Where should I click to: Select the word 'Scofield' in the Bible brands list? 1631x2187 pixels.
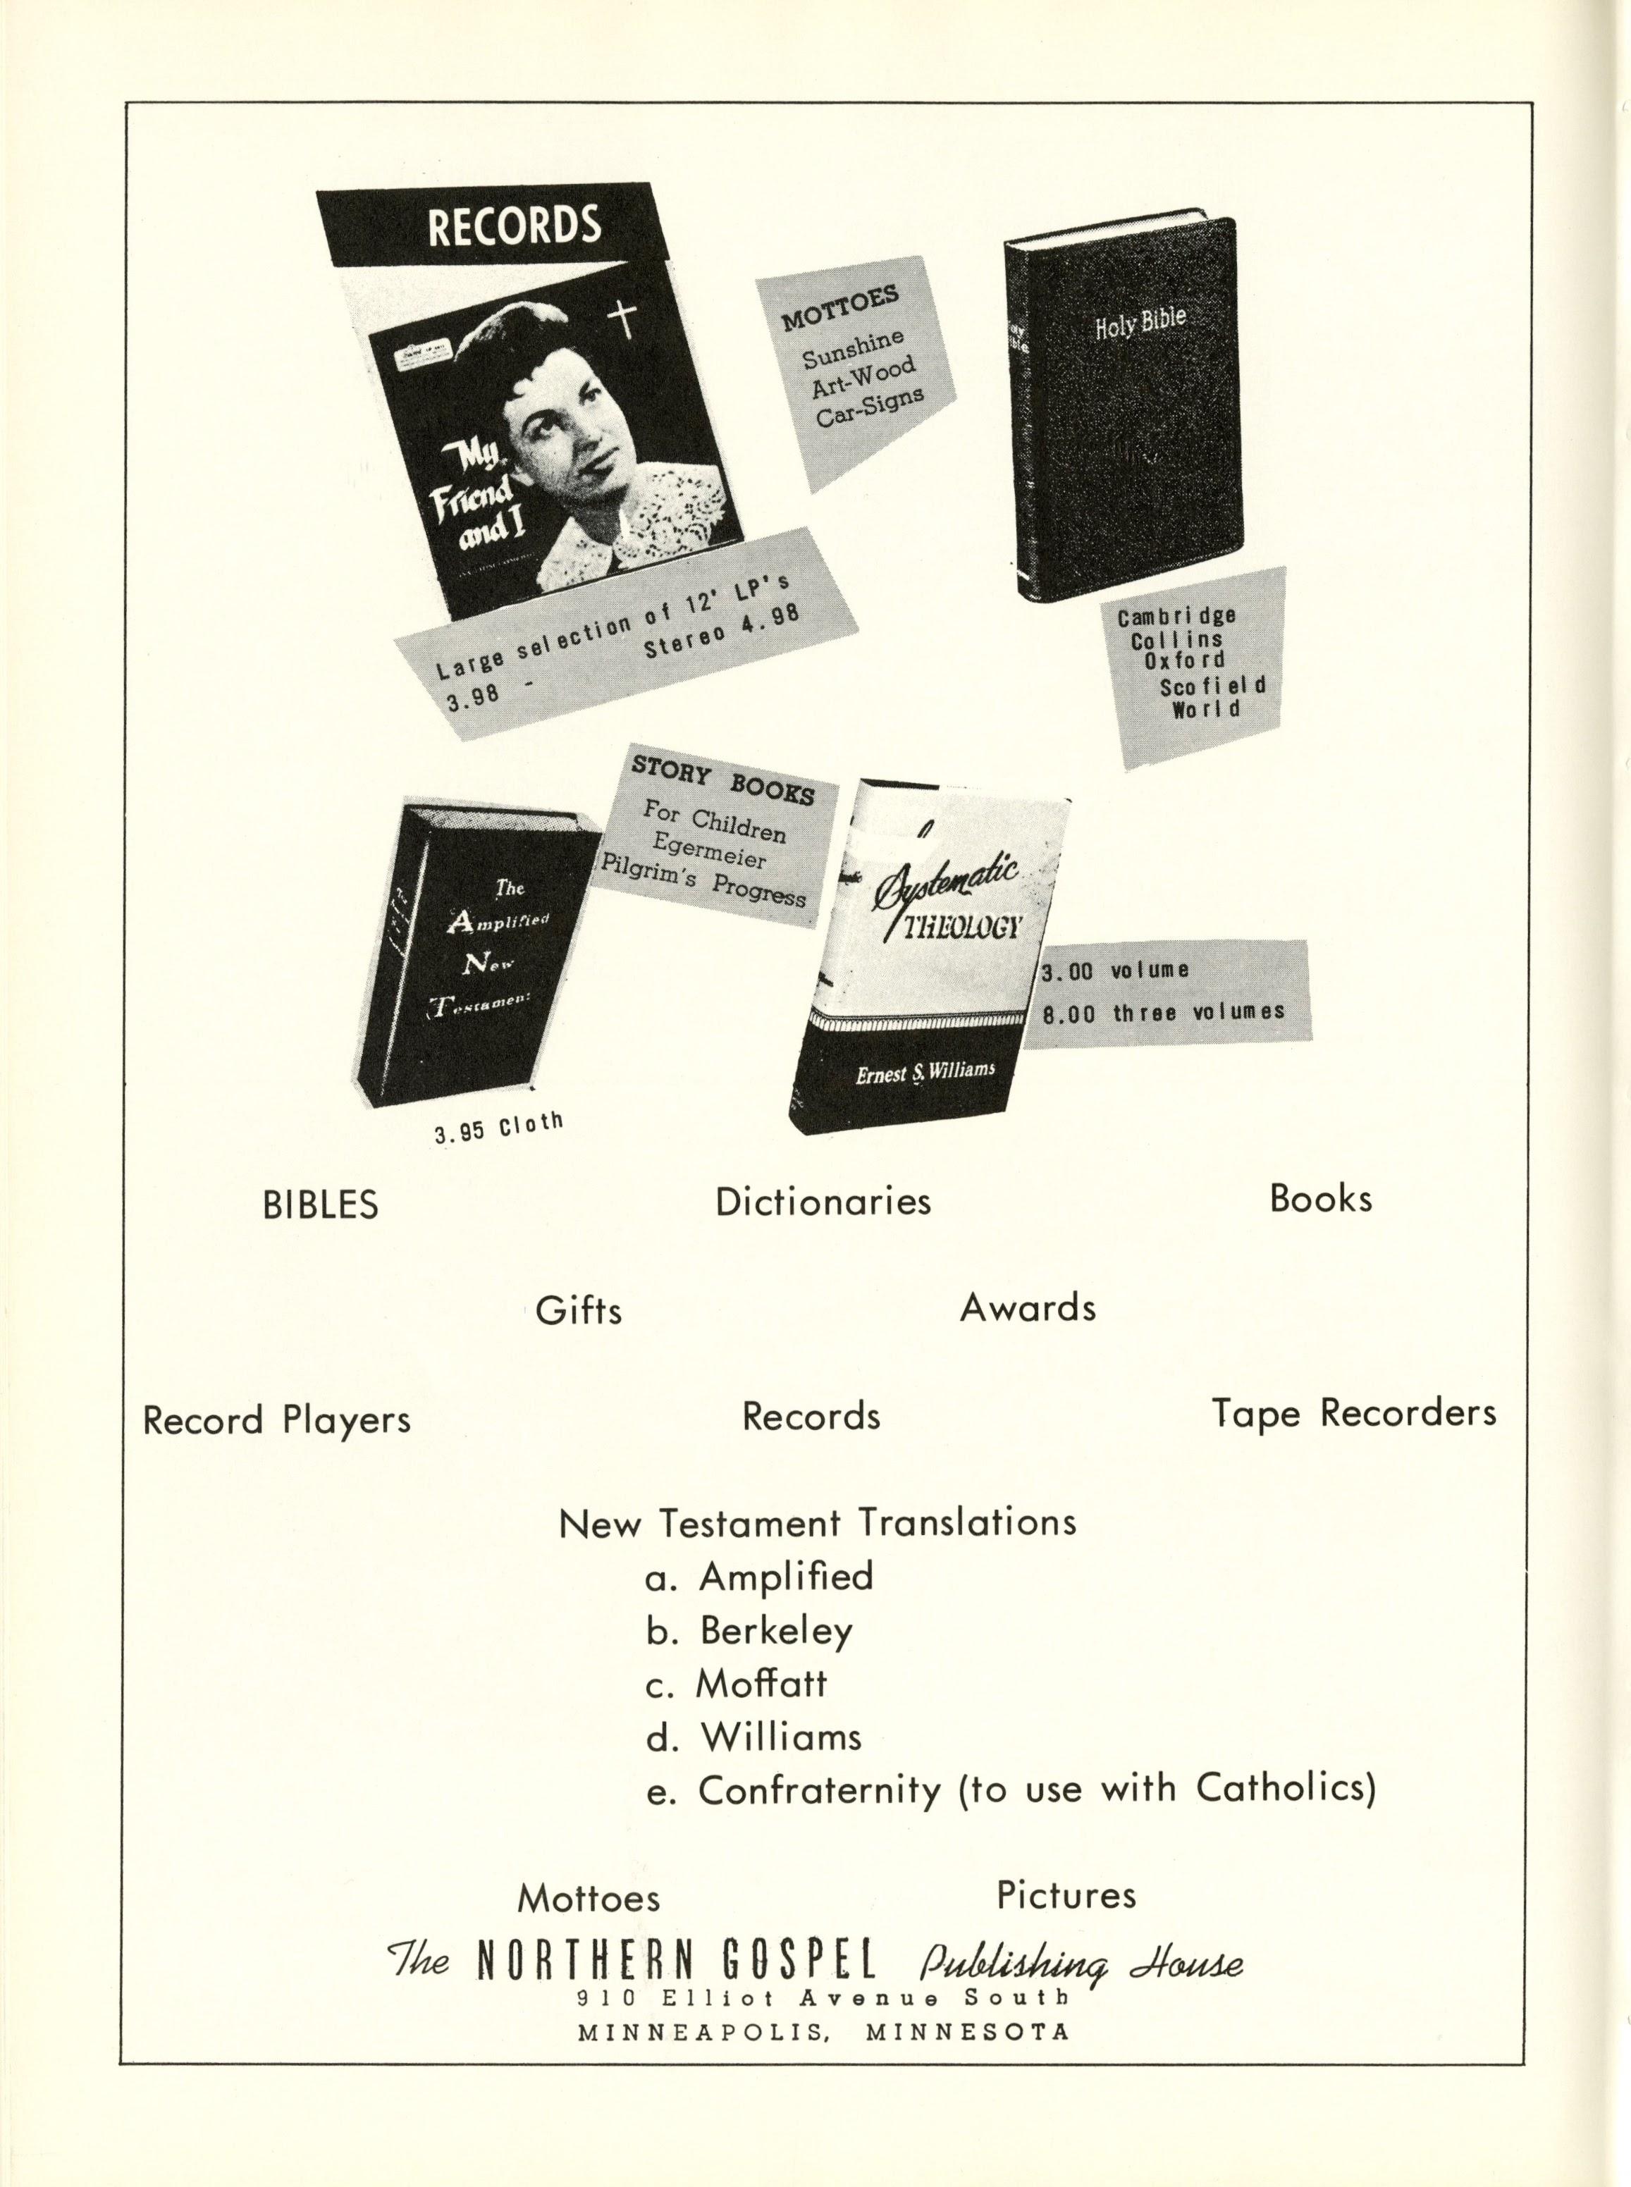click(1213, 685)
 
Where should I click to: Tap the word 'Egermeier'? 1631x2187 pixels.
click(709, 846)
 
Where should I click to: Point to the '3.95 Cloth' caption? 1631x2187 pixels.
click(498, 1126)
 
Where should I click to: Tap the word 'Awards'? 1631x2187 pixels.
click(1028, 1308)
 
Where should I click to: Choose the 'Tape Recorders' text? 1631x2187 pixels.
click(1353, 1413)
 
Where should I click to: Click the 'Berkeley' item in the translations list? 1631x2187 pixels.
click(775, 1631)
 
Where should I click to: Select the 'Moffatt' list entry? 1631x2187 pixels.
click(761, 1684)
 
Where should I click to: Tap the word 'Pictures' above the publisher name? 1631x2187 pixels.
click(1066, 1895)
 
